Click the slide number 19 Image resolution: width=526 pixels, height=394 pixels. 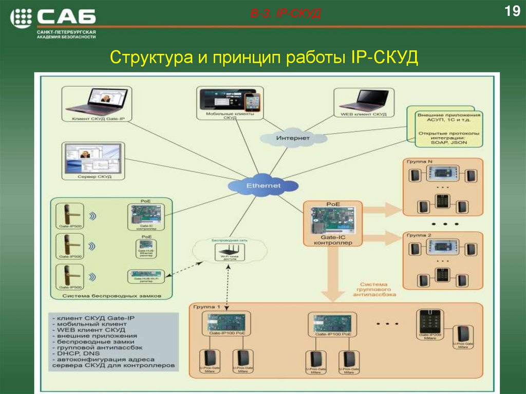512,11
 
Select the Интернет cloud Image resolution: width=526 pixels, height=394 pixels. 293,138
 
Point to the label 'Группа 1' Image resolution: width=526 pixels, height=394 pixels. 206,307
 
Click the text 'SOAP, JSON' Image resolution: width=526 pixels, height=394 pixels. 449,143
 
